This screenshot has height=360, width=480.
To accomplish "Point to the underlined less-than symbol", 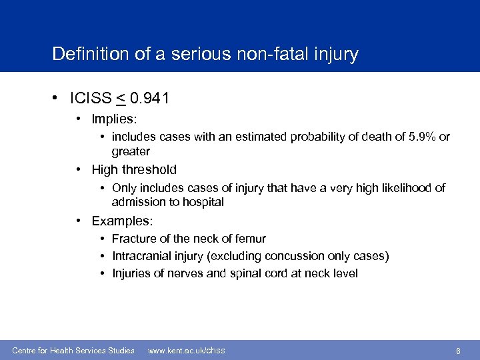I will coord(121,99).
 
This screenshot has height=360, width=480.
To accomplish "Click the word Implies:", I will coord(114,119).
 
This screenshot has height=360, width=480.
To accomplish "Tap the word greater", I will coord(131,151).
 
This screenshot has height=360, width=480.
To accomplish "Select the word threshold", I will coord(151,169).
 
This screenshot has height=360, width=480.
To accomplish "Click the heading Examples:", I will coord(122,221).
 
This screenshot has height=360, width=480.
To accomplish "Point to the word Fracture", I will coord(133,239).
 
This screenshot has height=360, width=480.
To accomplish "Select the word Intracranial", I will coord(140,256).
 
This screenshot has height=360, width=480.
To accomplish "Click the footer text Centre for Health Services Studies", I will coord(73,351).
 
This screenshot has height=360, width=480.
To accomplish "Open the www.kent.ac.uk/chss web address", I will coord(186,351).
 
